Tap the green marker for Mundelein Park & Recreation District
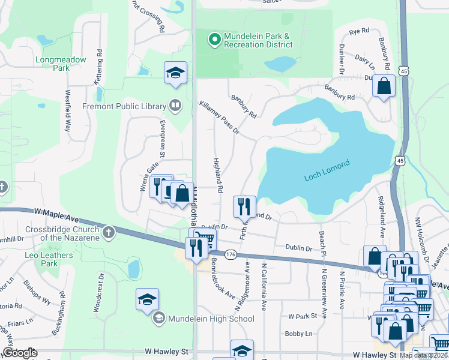[x=214, y=40]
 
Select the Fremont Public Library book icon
[x=175, y=106]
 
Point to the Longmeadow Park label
[x=61, y=64]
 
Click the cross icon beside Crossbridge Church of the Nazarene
[x=108, y=232]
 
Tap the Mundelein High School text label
[x=211, y=319]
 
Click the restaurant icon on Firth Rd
[x=244, y=206]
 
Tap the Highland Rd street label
[x=217, y=176]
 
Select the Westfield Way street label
[x=68, y=111]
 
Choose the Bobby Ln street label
[x=299, y=334]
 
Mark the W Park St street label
[x=302, y=316]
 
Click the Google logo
[x=20, y=353]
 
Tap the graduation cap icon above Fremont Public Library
[x=175, y=73]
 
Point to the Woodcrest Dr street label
[x=98, y=292]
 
